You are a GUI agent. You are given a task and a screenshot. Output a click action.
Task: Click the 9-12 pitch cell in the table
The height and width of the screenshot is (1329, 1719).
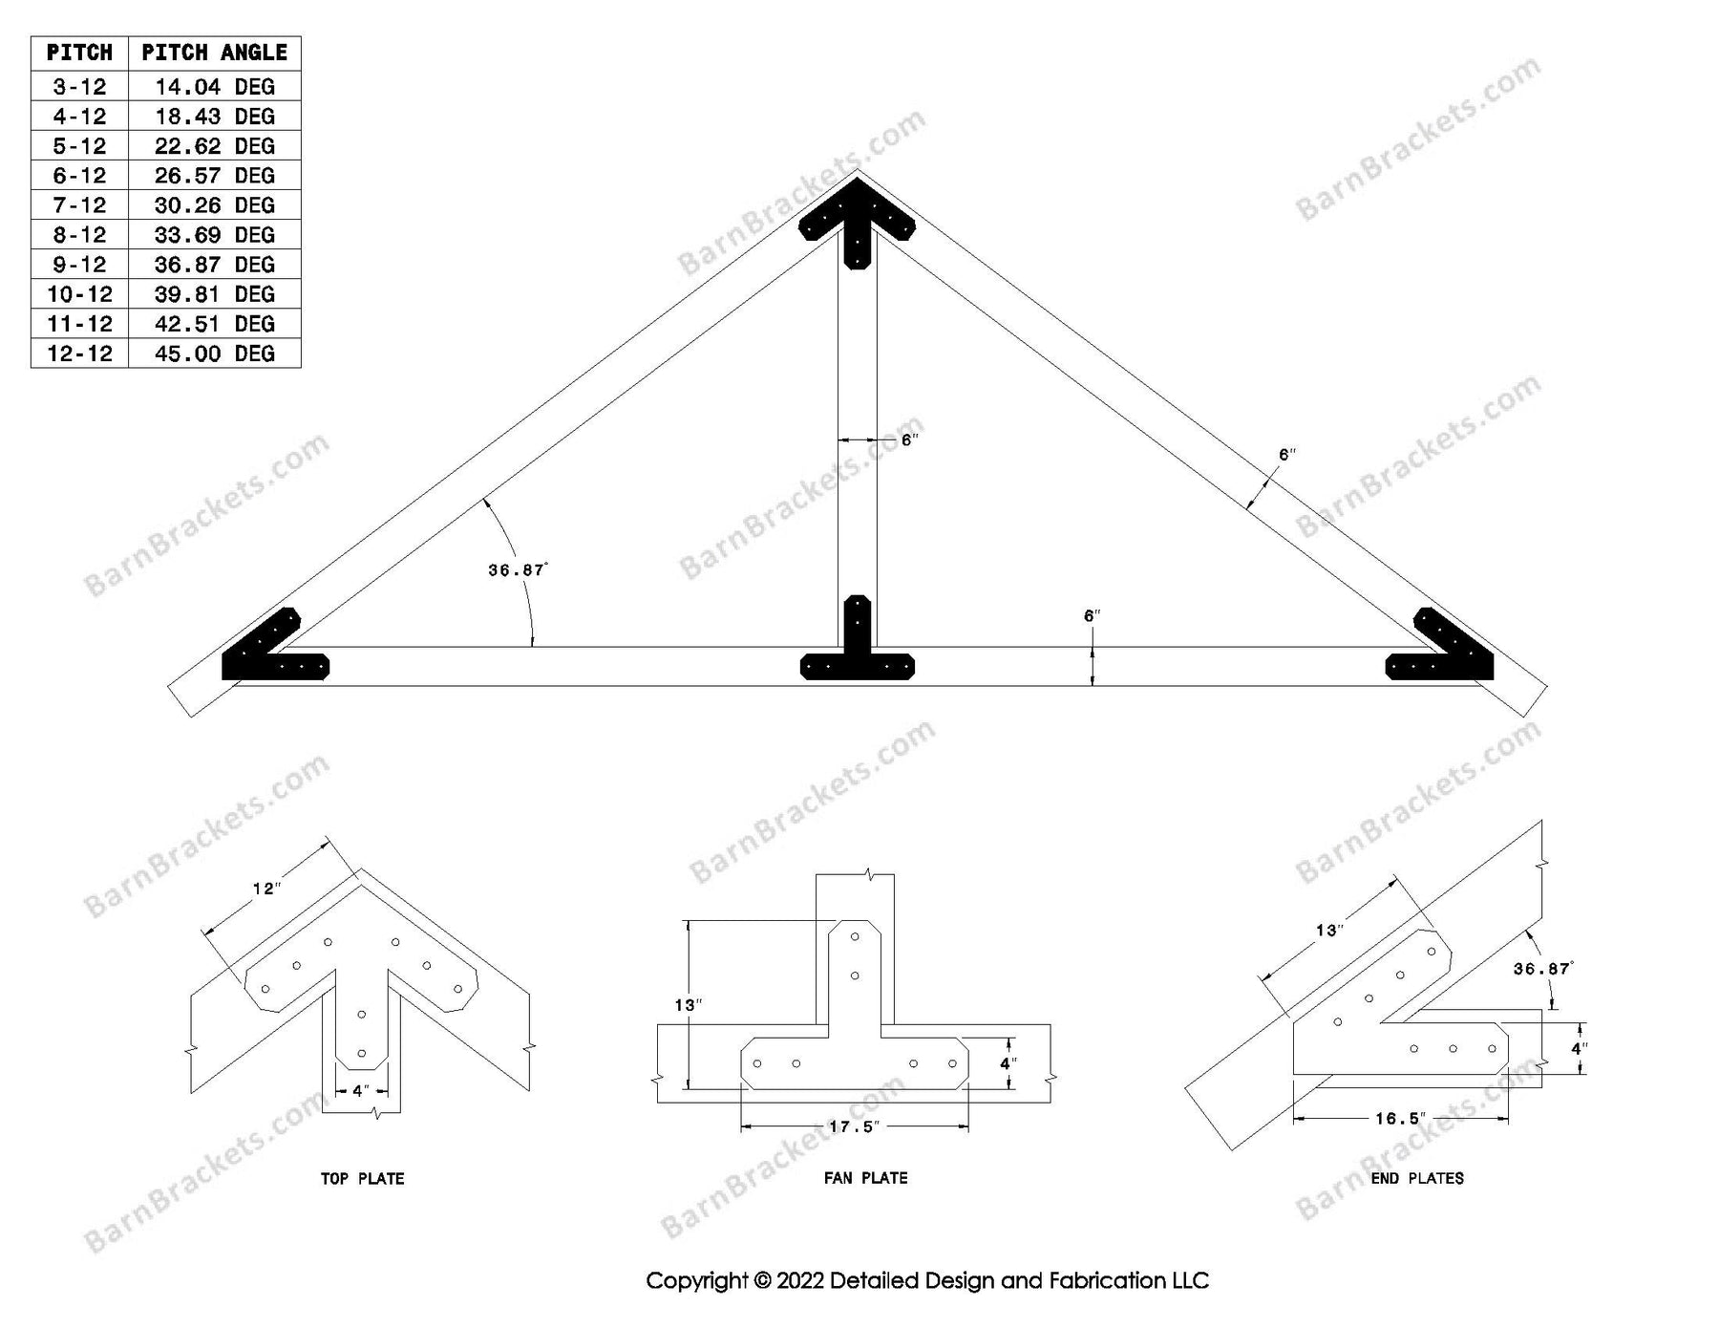(x=79, y=265)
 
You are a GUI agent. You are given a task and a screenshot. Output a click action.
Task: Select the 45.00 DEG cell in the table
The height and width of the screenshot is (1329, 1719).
(x=214, y=354)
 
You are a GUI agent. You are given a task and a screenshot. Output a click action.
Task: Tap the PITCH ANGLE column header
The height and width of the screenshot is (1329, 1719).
(x=214, y=53)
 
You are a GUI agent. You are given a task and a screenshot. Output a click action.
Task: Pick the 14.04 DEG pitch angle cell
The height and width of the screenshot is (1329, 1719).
(x=214, y=87)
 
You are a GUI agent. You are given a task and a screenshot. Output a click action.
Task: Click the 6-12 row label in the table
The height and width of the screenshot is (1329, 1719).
(x=79, y=176)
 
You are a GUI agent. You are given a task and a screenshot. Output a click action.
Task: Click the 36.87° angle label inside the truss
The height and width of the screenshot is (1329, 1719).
(x=518, y=570)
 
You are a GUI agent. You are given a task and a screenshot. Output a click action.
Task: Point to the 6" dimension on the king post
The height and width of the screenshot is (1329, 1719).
(x=909, y=440)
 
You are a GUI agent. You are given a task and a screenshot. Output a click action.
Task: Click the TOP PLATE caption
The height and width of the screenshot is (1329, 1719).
(x=362, y=1179)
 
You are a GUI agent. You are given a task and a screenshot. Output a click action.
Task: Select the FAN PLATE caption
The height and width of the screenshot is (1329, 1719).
(x=865, y=1178)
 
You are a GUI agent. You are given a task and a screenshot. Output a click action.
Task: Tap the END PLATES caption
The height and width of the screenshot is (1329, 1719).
(x=1417, y=1178)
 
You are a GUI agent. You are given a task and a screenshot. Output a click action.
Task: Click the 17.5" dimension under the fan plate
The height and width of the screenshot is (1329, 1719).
(x=854, y=1126)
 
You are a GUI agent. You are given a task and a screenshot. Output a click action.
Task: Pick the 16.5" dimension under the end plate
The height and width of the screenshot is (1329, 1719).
(x=1400, y=1118)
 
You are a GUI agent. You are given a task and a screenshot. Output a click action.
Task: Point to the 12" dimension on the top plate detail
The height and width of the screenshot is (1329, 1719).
(x=266, y=890)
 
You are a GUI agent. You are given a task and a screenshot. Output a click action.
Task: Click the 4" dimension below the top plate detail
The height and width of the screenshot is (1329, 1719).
(x=360, y=1090)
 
